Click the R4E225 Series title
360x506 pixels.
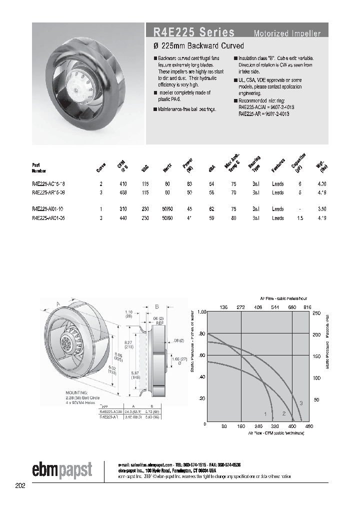click(x=190, y=32)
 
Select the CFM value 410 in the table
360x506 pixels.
click(x=123, y=184)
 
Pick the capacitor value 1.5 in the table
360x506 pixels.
click(x=299, y=217)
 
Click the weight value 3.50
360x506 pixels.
click(x=322, y=209)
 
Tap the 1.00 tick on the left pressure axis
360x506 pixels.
click(x=201, y=312)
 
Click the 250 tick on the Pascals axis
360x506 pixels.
click(x=316, y=313)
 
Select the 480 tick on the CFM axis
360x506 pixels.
click(x=309, y=426)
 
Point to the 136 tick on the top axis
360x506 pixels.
click(x=223, y=307)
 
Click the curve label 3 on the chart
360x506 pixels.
click(x=300, y=403)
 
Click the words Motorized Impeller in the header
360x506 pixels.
click(x=287, y=34)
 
